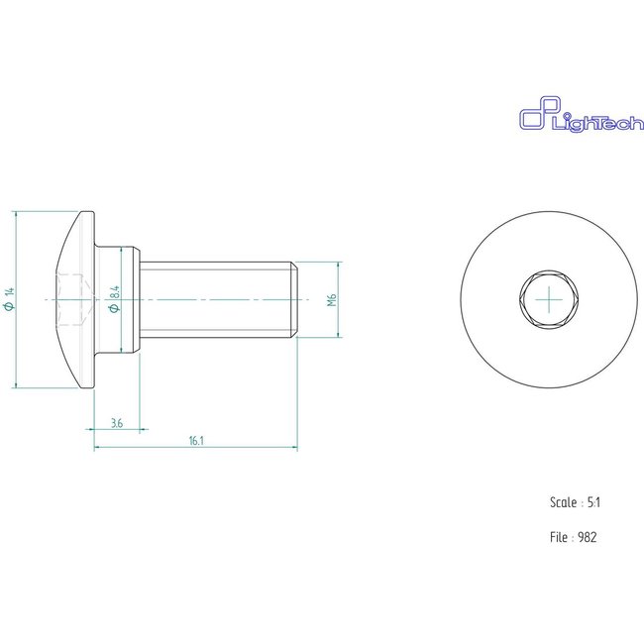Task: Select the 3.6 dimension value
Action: [x=117, y=423]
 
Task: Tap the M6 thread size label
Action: [x=334, y=299]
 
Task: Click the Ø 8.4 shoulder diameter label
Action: [x=114, y=299]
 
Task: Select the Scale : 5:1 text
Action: [x=575, y=502]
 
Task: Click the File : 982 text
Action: [x=574, y=537]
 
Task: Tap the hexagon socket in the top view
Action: [x=548, y=298]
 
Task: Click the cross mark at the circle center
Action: [x=548, y=298]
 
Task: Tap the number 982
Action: [x=588, y=537]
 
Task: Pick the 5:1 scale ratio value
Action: [x=593, y=502]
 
